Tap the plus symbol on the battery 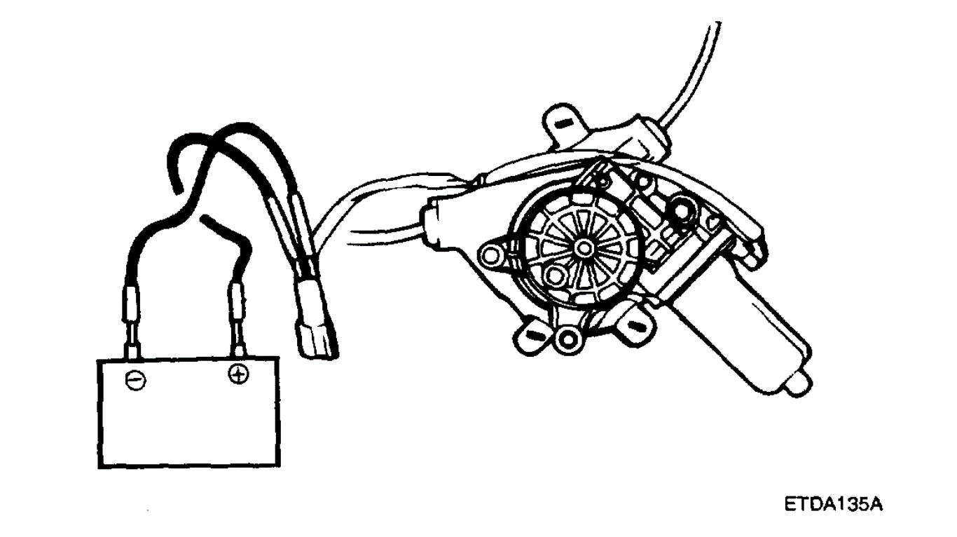pos(239,376)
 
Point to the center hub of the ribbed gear pos(584,247)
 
